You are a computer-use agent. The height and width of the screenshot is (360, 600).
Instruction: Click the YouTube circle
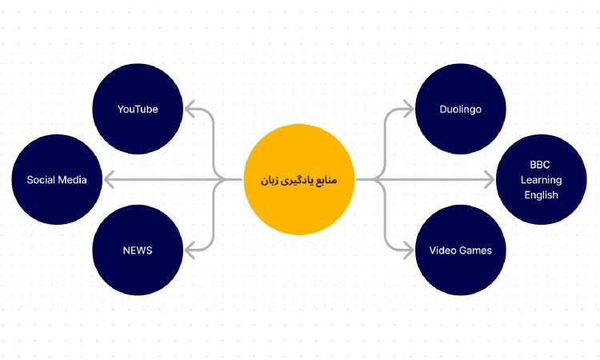pyautogui.click(x=138, y=109)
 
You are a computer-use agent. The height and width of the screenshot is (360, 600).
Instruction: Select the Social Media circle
pyautogui.click(x=57, y=179)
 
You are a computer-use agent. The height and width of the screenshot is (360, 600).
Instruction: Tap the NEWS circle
pyautogui.click(x=138, y=250)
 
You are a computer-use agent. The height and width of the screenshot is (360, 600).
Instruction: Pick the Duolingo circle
pyautogui.click(x=460, y=109)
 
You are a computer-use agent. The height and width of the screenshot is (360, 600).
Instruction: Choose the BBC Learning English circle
pyautogui.click(x=541, y=179)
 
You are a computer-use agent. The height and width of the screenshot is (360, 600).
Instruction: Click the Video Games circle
pyautogui.click(x=460, y=250)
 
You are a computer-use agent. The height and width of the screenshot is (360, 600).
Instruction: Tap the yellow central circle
pyautogui.click(x=299, y=179)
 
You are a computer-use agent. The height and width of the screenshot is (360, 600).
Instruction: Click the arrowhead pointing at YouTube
pyautogui.click(x=189, y=109)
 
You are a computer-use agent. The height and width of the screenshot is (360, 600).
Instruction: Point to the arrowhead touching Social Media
pyautogui.click(x=108, y=180)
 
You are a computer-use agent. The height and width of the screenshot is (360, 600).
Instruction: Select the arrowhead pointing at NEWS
pyautogui.click(x=189, y=250)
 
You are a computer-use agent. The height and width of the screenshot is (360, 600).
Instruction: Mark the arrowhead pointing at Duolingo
pyautogui.click(x=409, y=109)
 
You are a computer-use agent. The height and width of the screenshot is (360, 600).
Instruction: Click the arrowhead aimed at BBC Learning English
pyautogui.click(x=490, y=180)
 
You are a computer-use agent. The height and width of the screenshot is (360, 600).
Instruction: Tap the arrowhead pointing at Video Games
pyautogui.click(x=409, y=250)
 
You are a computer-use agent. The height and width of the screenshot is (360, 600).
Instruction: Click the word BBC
pyautogui.click(x=540, y=165)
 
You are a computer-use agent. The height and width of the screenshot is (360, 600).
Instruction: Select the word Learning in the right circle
pyautogui.click(x=541, y=180)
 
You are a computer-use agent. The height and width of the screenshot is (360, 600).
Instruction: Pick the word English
pyautogui.click(x=541, y=195)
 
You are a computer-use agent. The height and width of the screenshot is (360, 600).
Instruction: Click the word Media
pyautogui.click(x=73, y=180)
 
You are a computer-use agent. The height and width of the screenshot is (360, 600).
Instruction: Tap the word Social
pyautogui.click(x=41, y=180)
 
